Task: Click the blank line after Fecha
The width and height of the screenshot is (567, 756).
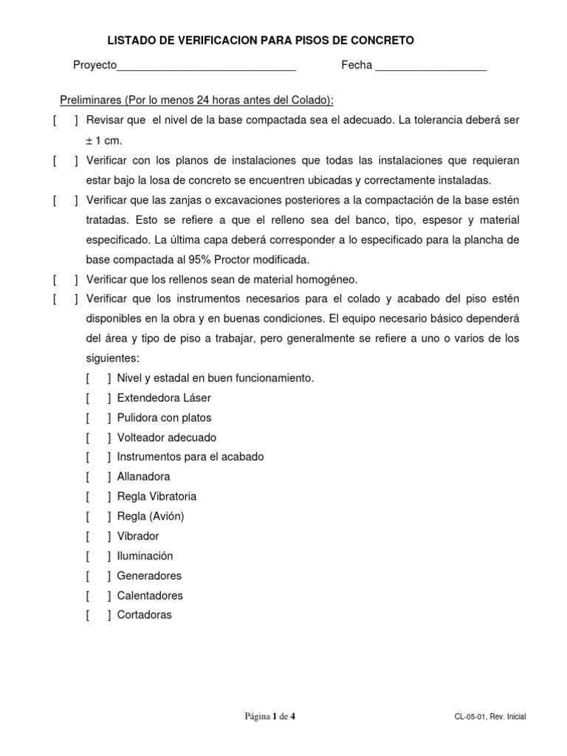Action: point(430,67)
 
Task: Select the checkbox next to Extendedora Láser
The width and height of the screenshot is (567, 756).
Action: point(98,398)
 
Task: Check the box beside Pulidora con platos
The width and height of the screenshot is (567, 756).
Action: point(98,418)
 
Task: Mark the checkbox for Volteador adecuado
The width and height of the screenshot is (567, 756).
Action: point(98,438)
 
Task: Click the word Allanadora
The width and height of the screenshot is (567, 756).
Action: point(143,477)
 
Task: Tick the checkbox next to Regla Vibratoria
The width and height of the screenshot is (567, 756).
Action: point(98,497)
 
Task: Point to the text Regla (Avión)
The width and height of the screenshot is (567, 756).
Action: point(151,517)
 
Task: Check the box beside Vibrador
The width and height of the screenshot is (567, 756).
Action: point(98,537)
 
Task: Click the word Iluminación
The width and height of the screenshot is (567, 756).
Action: point(145,556)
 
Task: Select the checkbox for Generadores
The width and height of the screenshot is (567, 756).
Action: point(98,576)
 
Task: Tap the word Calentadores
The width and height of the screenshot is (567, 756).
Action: point(150,596)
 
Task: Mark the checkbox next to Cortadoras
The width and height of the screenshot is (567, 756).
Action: point(98,615)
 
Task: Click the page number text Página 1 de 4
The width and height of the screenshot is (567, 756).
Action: point(270,716)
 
